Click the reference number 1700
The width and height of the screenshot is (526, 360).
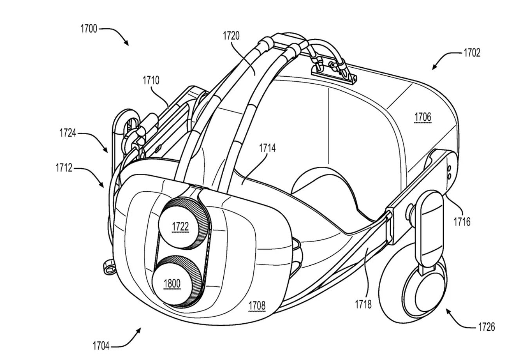click(89, 29)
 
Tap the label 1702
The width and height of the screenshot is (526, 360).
click(472, 53)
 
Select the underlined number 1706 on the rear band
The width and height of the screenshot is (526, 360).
click(423, 117)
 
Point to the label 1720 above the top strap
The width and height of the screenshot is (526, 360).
click(231, 36)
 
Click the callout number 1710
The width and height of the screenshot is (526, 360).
click(151, 81)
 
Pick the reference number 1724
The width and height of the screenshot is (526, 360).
click(68, 133)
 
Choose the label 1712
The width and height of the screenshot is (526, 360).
click(64, 168)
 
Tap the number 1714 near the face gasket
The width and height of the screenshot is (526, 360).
click(267, 148)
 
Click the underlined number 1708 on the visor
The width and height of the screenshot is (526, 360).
click(257, 306)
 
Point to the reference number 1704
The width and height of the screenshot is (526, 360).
click(101, 346)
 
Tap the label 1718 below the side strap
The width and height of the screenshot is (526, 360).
click(363, 305)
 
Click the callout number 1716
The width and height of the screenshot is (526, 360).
click(462, 222)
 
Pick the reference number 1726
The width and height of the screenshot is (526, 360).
click(486, 327)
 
